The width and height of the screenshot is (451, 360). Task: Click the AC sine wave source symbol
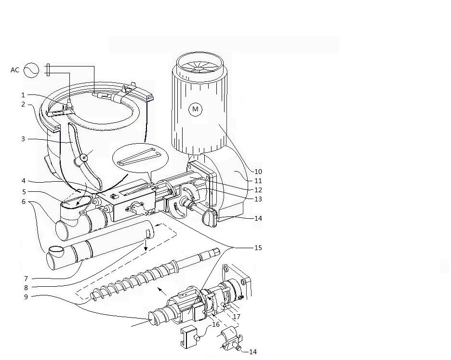[30, 70]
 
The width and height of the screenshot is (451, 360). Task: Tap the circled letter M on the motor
[195, 109]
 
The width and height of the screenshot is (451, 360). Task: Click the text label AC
[15, 70]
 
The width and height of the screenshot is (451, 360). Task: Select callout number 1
[23, 95]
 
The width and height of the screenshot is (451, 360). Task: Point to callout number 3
[23, 139]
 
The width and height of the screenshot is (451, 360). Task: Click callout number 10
[258, 172]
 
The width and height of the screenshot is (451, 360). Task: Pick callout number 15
[258, 248]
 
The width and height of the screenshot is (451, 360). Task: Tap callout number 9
[23, 297]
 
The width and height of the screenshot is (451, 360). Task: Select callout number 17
[237, 317]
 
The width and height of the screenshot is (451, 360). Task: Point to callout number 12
[258, 190]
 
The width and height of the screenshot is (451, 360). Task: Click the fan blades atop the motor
[199, 68]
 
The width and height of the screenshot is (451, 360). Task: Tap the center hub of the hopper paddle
[85, 157]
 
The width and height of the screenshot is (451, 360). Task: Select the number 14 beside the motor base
[258, 218]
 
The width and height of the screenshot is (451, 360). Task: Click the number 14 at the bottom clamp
[253, 352]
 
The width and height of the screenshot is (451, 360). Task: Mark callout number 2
[23, 104]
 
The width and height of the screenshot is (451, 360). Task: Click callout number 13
[258, 199]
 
